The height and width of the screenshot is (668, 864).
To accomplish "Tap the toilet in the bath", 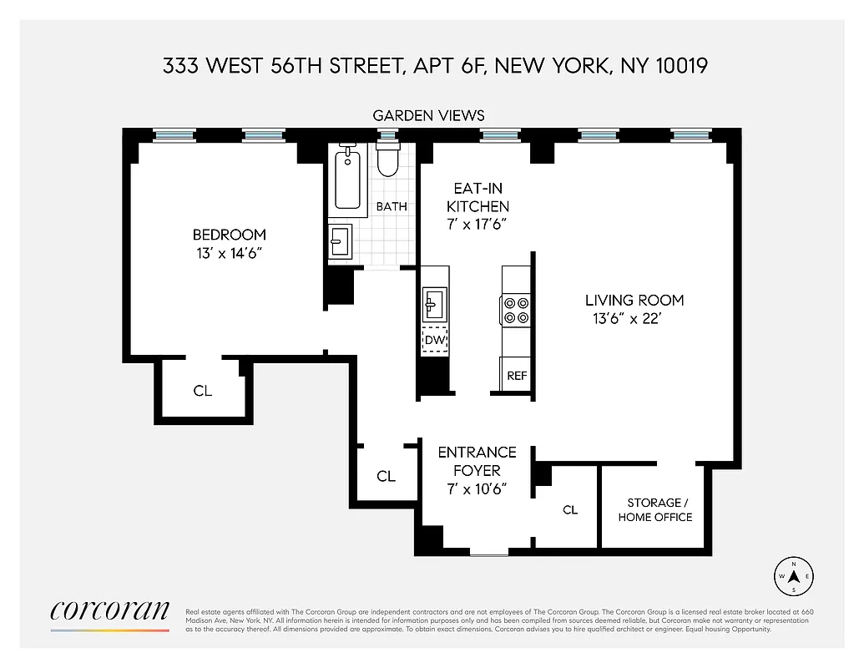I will (x=387, y=159).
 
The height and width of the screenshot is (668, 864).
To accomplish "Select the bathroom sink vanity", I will (x=340, y=240).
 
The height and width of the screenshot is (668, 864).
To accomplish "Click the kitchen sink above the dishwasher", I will (x=434, y=303).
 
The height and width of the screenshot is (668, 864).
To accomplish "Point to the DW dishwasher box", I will (x=434, y=340).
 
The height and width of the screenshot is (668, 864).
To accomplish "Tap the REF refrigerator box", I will (x=517, y=375).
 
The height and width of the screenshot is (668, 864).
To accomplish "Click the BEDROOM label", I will (x=229, y=235).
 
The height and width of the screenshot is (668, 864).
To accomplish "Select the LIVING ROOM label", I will (x=634, y=300).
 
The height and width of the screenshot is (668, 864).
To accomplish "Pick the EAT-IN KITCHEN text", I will (x=477, y=197).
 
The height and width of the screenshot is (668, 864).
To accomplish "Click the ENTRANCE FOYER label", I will (x=477, y=461).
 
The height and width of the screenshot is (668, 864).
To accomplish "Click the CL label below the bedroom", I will (x=203, y=390).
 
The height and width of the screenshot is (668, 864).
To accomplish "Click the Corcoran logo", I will (x=109, y=611).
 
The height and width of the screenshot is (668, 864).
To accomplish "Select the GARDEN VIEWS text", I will (x=428, y=115).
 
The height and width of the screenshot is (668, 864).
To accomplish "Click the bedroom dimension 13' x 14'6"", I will (x=229, y=252).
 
